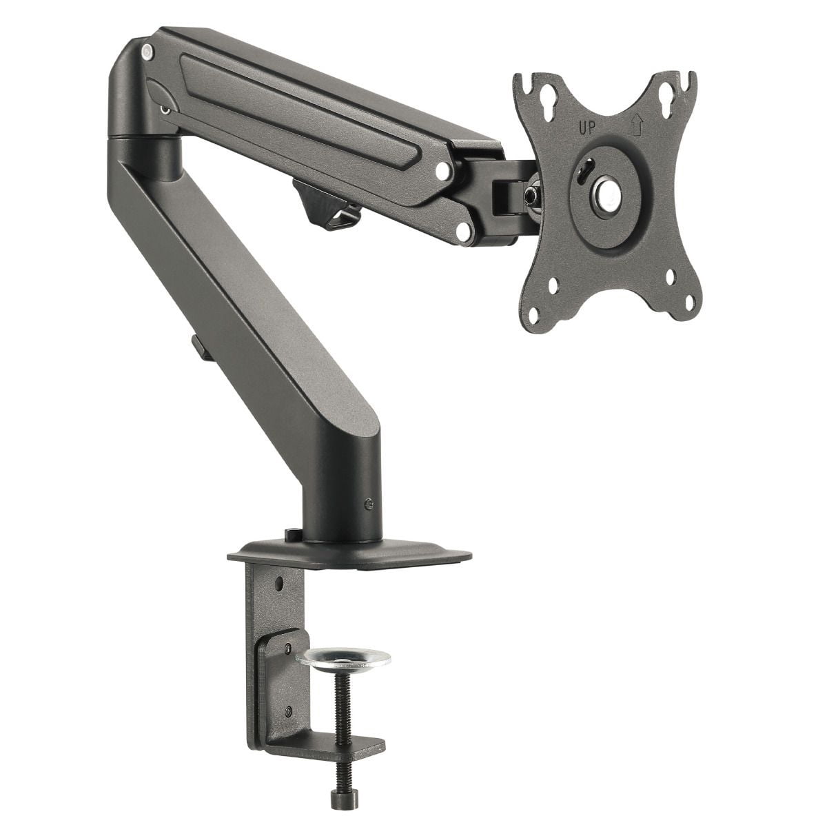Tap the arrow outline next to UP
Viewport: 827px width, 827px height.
point(636,126)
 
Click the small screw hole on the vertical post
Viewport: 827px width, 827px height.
point(372,504)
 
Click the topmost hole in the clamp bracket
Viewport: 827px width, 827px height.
point(279,584)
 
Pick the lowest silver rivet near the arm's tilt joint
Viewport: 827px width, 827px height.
point(464,234)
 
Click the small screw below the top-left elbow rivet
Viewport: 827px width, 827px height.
point(164,108)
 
